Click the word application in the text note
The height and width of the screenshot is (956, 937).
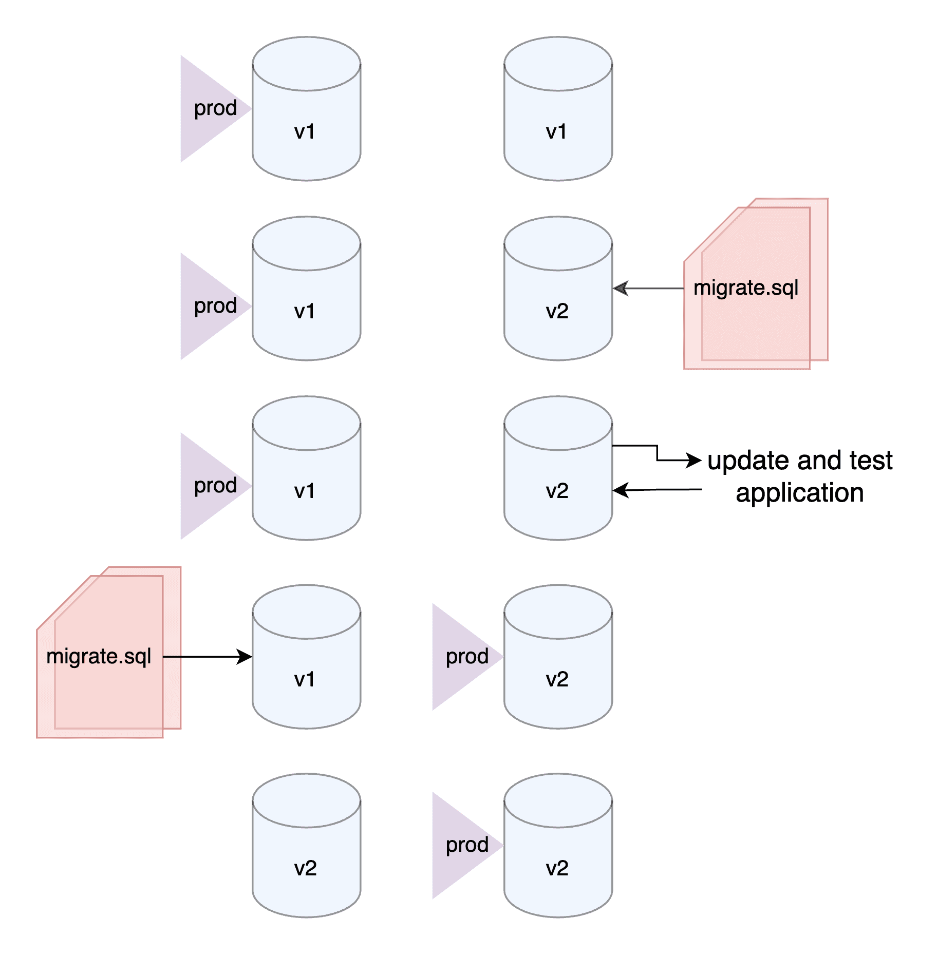click(799, 493)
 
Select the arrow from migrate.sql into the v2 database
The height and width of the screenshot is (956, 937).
click(648, 289)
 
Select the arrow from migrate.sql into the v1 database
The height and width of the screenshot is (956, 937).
click(208, 656)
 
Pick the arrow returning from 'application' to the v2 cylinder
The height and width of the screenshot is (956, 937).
click(658, 490)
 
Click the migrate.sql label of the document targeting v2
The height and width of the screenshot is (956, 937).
click(746, 288)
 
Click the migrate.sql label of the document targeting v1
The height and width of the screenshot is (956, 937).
click(99, 656)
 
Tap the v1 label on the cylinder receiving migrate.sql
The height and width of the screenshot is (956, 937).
click(305, 679)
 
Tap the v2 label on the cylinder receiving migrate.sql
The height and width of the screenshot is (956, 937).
click(557, 311)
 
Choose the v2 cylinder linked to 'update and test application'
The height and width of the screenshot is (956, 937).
click(558, 468)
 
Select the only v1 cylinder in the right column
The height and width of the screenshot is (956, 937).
click(558, 109)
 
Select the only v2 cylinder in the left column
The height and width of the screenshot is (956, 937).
click(307, 846)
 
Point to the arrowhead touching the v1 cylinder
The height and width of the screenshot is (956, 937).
click(245, 656)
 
